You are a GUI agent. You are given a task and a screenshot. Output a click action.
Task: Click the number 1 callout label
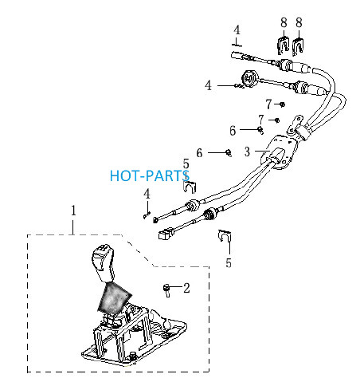tap(73, 211)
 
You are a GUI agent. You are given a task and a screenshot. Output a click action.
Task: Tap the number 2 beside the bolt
tap(186, 288)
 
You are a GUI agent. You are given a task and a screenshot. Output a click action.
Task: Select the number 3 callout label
tap(247, 152)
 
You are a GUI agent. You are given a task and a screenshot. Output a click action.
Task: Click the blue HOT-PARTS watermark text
tap(150, 175)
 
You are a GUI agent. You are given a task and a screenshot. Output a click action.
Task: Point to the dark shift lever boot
tap(115, 297)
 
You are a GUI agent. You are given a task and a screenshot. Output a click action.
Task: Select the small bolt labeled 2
tap(166, 290)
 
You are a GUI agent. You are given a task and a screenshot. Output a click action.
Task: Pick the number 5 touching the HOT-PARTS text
tap(186, 164)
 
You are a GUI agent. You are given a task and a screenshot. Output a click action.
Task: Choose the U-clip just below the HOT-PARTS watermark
tap(190, 187)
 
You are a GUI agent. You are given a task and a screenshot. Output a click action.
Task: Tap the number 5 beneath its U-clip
tap(229, 262)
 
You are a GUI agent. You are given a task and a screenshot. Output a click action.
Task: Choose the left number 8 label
tap(284, 22)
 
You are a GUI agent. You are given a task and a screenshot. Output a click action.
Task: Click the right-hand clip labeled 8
tap(299, 47)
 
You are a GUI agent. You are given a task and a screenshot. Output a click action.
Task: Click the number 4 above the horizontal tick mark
tap(237, 30)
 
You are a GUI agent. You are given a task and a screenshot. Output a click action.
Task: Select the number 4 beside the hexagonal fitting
tap(209, 85)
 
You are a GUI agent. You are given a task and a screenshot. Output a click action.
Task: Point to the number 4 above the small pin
tap(147, 194)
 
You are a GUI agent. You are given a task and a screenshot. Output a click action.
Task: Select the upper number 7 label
tap(268, 104)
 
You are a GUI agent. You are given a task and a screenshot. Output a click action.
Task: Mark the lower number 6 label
tap(199, 153)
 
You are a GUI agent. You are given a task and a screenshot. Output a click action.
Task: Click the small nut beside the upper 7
tap(283, 104)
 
